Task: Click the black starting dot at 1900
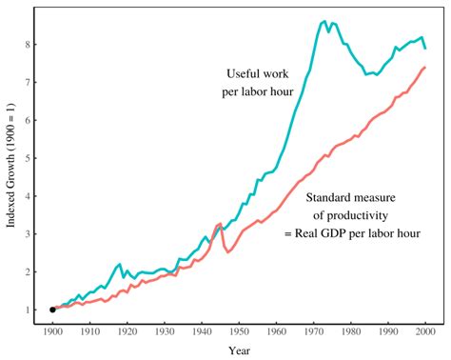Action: [52, 310]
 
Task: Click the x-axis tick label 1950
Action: [239, 331]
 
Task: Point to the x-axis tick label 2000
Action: [424, 331]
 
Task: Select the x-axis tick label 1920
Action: [127, 331]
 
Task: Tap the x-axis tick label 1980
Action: [350, 331]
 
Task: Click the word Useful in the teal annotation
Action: [245, 73]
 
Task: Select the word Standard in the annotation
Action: [332, 197]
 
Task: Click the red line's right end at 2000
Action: [424, 68]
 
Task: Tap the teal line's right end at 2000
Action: [424, 48]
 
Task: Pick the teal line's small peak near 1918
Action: [119, 264]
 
